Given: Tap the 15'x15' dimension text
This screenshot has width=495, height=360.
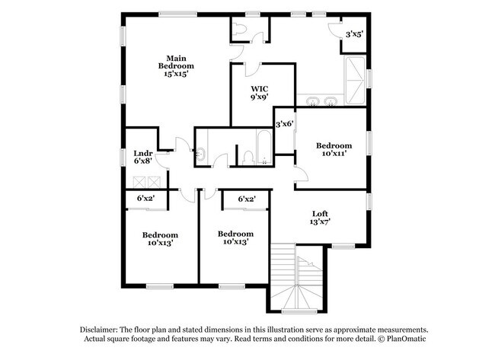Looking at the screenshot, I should (x=176, y=74).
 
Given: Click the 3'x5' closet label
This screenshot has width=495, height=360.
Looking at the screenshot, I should (x=354, y=34).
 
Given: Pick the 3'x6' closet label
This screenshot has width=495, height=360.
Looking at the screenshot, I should (x=284, y=123).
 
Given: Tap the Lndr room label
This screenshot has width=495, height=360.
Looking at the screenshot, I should (x=143, y=152).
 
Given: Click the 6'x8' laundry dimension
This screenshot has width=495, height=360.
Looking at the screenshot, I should (x=143, y=161).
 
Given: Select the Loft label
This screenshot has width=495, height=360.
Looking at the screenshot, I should (x=321, y=213).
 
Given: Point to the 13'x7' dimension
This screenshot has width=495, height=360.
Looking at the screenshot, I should (x=321, y=222).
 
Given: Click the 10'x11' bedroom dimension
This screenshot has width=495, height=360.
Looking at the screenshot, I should (x=334, y=155).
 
